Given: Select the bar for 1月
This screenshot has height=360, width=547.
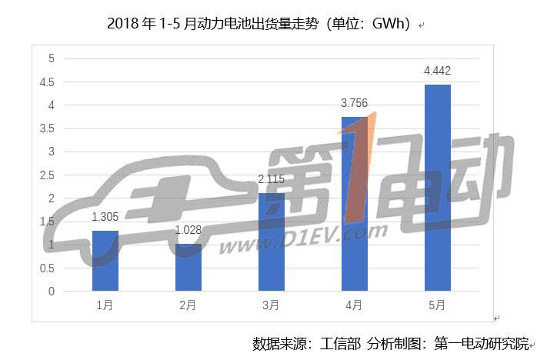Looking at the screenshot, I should coord(105,261).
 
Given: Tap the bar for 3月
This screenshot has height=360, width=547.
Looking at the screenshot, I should coord(271,242).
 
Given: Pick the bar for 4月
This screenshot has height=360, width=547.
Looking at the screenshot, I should coord(354,204).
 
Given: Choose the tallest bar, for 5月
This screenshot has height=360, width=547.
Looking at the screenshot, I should coord(437,188).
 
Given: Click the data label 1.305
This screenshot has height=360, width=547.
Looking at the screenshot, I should coord(105,218).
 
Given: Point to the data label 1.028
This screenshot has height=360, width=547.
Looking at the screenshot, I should coord(188,231).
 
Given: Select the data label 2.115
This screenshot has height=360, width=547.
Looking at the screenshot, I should coord(271,180).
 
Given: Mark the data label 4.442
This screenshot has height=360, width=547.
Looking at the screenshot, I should coord(437,72).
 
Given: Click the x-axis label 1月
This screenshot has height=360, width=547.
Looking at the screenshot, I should coord(105,305).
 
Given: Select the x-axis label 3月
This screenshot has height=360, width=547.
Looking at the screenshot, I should coord(271,305).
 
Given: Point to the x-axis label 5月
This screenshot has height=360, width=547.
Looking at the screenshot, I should coord(437,305).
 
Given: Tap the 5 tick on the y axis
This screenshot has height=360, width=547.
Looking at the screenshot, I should coord(52,58).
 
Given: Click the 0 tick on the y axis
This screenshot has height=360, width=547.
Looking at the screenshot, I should coord(52,292).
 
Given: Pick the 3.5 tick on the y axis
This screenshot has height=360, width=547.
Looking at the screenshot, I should coord(48,128).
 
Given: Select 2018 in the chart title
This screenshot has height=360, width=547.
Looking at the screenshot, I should coord(125,23).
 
